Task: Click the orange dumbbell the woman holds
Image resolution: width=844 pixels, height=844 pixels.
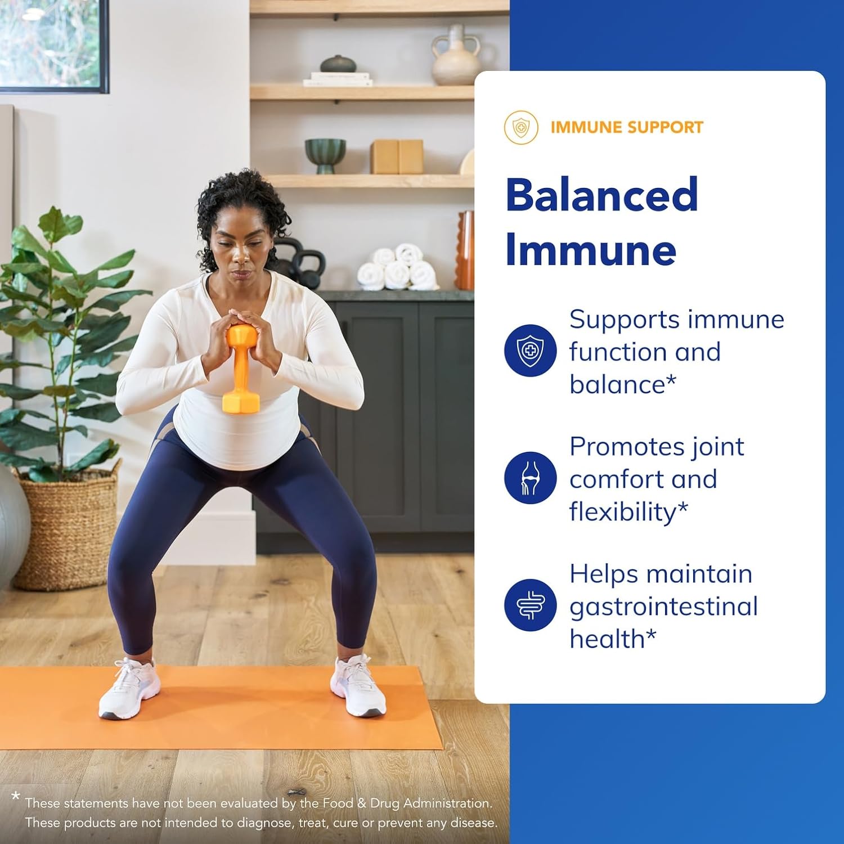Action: coord(241,369)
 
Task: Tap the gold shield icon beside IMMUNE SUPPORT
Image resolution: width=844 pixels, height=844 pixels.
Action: coord(521,127)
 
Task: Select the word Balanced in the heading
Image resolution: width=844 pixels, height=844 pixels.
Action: coord(601,195)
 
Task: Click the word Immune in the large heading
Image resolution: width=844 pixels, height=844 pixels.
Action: coord(591,250)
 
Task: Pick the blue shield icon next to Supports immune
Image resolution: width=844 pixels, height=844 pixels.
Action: coord(530,351)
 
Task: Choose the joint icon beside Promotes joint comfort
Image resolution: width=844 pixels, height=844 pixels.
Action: coord(530,478)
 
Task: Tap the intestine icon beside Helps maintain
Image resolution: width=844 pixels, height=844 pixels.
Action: coord(530,605)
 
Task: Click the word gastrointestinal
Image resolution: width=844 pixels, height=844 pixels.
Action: coord(663,607)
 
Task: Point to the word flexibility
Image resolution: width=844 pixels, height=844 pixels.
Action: coord(622,512)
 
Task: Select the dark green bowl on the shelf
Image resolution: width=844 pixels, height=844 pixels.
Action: coord(325,154)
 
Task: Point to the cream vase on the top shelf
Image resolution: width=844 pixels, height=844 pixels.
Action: coord(456,56)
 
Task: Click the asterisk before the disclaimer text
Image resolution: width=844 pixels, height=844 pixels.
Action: coord(16,797)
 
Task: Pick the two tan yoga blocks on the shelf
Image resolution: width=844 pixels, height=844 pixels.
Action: coord(397,156)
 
